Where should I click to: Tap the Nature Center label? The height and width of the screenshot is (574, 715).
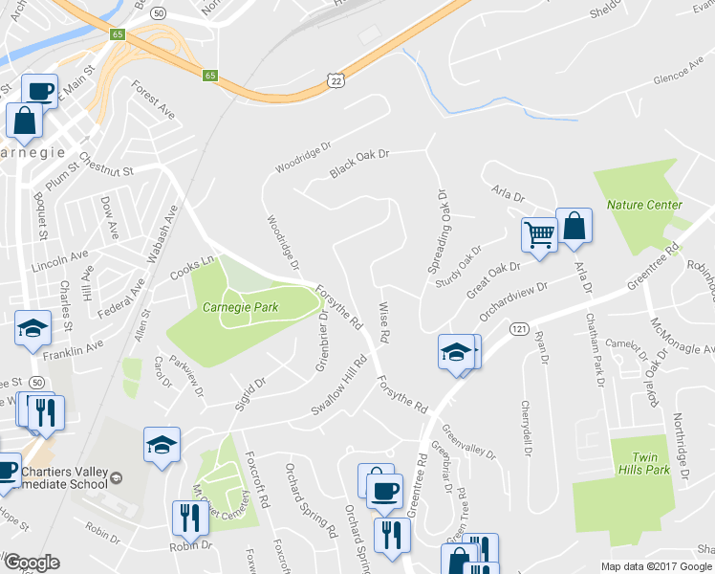[644, 205]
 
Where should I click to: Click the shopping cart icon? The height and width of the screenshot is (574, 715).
[539, 233]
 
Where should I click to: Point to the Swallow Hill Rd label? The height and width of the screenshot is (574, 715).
[339, 386]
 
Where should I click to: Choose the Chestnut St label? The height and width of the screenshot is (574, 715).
[104, 164]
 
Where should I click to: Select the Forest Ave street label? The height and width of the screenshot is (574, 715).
[154, 99]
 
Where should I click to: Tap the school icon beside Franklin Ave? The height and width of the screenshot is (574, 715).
[33, 328]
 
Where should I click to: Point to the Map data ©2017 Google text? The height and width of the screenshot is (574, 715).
[657, 566]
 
